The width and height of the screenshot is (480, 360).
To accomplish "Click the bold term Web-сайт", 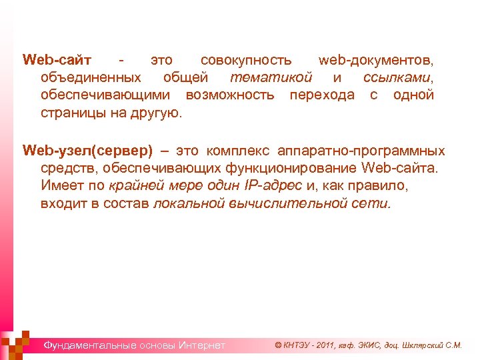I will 57,60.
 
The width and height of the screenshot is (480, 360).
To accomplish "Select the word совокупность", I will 246,60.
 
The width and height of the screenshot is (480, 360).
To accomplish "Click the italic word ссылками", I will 399,77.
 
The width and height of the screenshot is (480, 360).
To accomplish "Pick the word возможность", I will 230,95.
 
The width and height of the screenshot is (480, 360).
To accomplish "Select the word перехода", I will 322,95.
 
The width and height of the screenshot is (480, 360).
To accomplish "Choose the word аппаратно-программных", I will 361,151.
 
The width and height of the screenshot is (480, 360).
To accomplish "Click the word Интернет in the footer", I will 202,345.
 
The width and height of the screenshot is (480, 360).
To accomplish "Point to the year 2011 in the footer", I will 327,345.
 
